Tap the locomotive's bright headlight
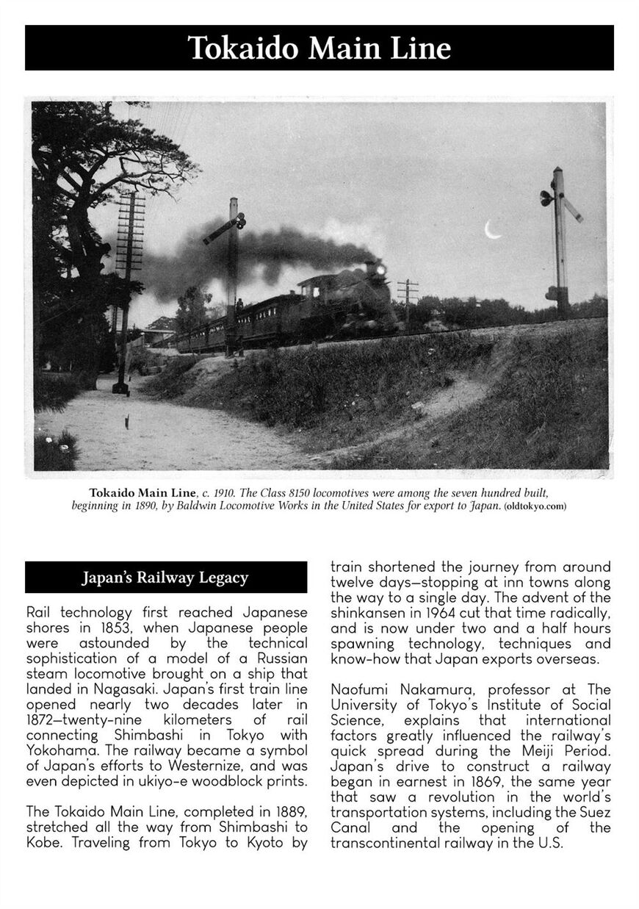tap(380, 270)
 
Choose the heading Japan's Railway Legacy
tap(165, 578)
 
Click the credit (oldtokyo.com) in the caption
tap(535, 506)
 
